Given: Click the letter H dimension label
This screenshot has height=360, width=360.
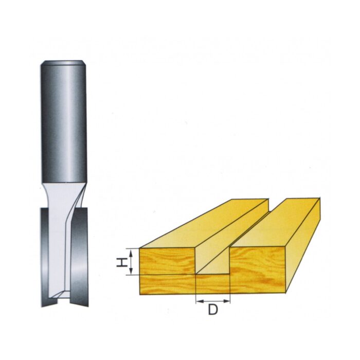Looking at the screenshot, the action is coord(122,262).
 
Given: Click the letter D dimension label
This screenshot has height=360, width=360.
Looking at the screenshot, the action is coord(212,310).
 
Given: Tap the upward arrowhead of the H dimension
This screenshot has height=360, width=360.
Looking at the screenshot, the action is coord(131,252).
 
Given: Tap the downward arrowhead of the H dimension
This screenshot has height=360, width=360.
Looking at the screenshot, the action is coord(131,272).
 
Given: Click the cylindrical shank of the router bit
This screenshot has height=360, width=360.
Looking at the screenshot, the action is coord(64,122).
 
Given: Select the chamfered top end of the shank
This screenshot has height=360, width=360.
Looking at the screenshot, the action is coord(64,63).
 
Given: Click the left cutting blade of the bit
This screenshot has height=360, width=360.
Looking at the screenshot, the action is coord(45,257).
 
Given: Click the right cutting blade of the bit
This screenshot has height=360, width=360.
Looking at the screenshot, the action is coord(79,257).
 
